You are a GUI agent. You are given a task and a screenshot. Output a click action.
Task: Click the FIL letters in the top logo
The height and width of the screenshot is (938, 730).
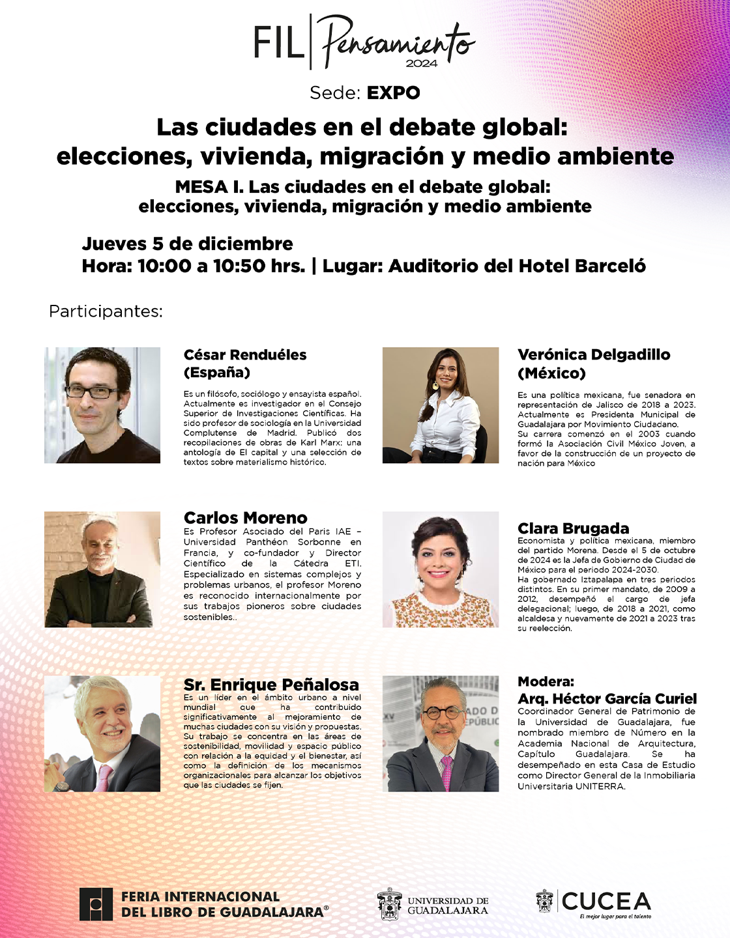click(278, 43)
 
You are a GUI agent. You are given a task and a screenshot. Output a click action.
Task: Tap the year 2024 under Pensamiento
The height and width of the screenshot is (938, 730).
click(421, 64)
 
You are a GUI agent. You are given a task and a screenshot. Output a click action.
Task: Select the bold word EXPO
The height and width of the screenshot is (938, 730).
click(393, 92)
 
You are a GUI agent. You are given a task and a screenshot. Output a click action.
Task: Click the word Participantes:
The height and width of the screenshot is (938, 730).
click(106, 311)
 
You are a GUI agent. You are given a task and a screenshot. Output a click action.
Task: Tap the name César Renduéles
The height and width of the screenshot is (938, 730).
click(245, 355)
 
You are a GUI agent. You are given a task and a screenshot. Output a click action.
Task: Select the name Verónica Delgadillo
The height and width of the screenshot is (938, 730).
click(594, 355)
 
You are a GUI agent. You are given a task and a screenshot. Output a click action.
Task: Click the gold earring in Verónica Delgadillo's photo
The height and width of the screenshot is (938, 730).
click(435, 386)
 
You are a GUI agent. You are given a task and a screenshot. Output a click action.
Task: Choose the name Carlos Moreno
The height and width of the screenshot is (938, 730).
click(245, 518)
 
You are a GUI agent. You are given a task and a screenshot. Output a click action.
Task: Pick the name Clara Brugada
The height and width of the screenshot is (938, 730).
click(573, 528)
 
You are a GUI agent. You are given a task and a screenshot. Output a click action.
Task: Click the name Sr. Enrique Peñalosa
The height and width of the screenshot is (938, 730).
click(271, 685)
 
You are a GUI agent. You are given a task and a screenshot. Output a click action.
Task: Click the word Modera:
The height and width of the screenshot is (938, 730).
click(546, 681)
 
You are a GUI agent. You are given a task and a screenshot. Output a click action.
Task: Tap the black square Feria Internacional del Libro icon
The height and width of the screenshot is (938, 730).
click(96, 904)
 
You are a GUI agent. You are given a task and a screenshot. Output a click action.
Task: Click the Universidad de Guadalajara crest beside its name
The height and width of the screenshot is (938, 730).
click(390, 904)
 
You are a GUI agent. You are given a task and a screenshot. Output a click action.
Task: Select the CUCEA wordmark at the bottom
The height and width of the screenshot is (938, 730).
click(606, 902)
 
